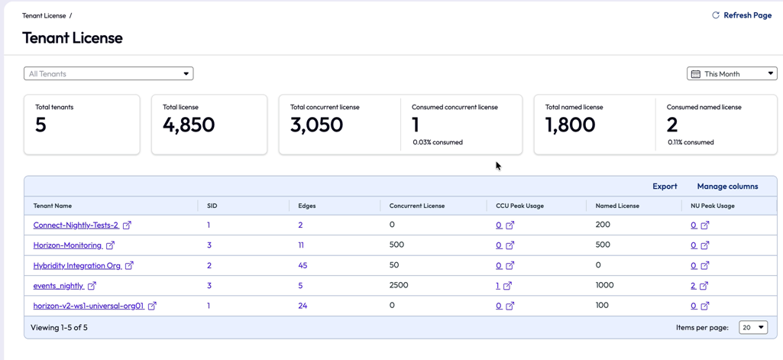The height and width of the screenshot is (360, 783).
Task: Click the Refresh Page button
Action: pos(742,15)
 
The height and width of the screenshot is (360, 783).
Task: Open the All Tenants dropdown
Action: pos(108,73)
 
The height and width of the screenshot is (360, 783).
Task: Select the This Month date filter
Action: pos(732,73)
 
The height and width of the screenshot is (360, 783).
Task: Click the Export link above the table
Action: pos(665,186)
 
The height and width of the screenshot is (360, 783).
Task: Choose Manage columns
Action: pos(727,186)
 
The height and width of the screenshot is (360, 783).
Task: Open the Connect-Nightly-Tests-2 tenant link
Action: pos(76,225)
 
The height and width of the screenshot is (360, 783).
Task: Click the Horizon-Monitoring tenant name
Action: pos(67,245)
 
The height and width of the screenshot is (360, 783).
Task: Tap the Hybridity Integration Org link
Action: pos(77,266)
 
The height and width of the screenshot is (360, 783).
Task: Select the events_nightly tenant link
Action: pos(58,286)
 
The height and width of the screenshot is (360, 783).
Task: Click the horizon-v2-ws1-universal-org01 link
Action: pos(89,306)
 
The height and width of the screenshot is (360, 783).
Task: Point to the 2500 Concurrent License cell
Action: pos(399,285)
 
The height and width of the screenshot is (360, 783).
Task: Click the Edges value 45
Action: pos(303,266)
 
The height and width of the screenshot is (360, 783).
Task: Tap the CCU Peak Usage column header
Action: pos(520,206)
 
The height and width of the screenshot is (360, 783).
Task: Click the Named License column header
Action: pos(617,206)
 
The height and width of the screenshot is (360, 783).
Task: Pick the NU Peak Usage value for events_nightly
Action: pos(693,286)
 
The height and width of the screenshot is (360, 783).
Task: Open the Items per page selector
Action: pos(753,328)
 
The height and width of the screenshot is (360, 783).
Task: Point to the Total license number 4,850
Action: pos(189,125)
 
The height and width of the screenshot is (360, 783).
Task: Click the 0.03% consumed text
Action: pos(438,142)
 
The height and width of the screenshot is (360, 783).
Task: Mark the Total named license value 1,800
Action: pos(571,125)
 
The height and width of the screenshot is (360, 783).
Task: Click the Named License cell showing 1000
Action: pos(605,285)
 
